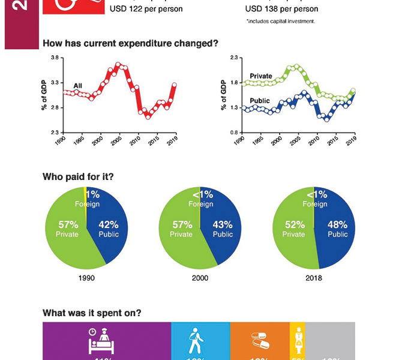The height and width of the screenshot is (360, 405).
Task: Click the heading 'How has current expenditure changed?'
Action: (x=130, y=43)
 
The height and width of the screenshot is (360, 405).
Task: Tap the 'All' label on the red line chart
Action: (x=78, y=86)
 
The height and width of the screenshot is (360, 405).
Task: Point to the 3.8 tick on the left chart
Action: (x=55, y=58)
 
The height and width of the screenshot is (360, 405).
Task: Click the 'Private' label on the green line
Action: (x=261, y=76)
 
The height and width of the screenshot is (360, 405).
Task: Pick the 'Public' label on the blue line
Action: (x=259, y=101)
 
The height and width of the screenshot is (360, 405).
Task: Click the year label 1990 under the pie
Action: (x=86, y=278)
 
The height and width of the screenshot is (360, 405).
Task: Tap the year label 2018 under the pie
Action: (x=314, y=278)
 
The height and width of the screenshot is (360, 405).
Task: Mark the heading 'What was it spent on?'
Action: (x=92, y=313)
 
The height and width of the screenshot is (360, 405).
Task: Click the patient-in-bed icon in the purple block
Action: (x=100, y=340)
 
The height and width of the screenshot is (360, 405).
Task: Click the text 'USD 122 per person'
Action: (x=146, y=9)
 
